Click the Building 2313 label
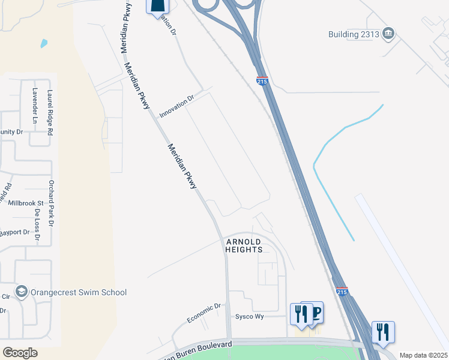coord(354,34)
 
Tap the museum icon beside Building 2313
coord(388,33)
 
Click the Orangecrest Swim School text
coord(80,292)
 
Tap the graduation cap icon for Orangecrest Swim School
coord(22,292)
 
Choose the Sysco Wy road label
coord(250,316)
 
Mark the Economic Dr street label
coord(203,313)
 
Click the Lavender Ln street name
coord(34,107)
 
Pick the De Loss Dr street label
coord(37,225)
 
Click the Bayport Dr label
coord(14,232)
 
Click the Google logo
coord(20,353)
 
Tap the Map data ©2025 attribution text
coord(423,355)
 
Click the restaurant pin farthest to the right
coord(383,332)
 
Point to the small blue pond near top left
coord(44,43)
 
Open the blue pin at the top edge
coord(157,6)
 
